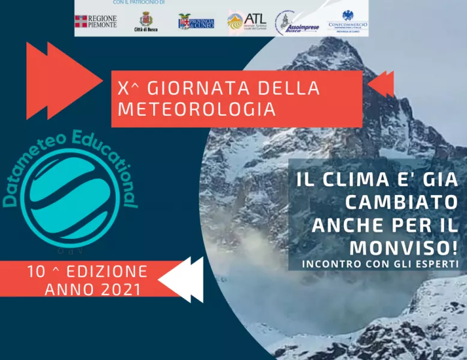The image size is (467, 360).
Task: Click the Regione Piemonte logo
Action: point(95,22)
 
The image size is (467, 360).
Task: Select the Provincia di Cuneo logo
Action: point(196,22)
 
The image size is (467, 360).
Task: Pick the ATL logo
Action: point(247,21)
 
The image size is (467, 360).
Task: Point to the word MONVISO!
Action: point(403,247)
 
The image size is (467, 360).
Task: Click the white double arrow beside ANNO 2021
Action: point(180,280)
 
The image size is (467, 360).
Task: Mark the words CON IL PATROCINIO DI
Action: point(139,2)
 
